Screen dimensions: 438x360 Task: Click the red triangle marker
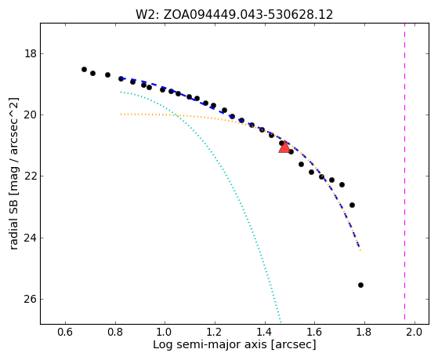[x=284, y=147]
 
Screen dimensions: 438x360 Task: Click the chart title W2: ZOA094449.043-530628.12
[x=234, y=14]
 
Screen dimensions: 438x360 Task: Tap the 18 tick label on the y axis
[x=31, y=53]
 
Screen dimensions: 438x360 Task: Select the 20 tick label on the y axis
[x=31, y=115]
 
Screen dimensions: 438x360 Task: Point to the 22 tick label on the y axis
[x=31, y=176]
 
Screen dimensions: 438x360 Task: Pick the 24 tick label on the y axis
[x=31, y=238]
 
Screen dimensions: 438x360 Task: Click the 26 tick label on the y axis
[x=31, y=300]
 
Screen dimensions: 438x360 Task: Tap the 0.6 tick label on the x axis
[x=65, y=332]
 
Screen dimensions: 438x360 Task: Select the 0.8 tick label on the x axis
[x=115, y=332]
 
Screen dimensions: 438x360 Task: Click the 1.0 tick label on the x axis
[x=165, y=332]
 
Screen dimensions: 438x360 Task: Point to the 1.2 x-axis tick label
[x=215, y=332]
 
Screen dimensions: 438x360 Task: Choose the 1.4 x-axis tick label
[x=265, y=332]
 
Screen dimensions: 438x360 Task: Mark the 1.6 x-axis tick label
[x=314, y=332]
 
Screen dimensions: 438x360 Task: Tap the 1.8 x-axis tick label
[x=364, y=332]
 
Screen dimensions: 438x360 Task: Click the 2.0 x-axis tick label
[x=414, y=332]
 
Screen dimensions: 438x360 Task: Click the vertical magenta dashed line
[x=404, y=171]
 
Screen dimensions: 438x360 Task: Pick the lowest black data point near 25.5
[x=360, y=285]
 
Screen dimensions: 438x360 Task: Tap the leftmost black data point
[x=84, y=69]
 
